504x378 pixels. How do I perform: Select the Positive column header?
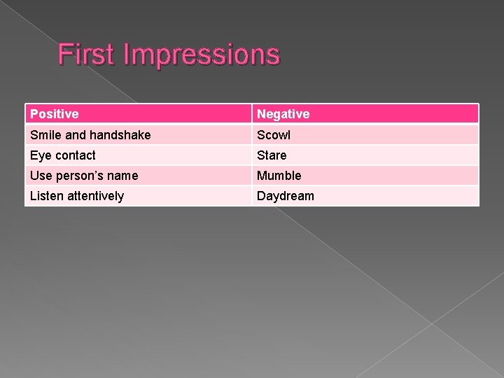[x=54, y=113]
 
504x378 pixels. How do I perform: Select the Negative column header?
[x=283, y=113]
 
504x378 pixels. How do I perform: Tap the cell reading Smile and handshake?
[x=90, y=134]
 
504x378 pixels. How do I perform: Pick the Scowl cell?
[x=274, y=134]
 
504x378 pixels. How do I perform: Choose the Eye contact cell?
[x=62, y=155]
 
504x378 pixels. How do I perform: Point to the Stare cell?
[x=272, y=155]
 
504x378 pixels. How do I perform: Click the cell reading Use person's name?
[x=83, y=175]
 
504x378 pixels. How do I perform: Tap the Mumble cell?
[x=279, y=175]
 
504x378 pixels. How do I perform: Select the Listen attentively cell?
[x=76, y=196]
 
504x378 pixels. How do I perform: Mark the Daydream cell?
[x=286, y=196]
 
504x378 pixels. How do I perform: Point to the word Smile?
[x=45, y=134]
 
